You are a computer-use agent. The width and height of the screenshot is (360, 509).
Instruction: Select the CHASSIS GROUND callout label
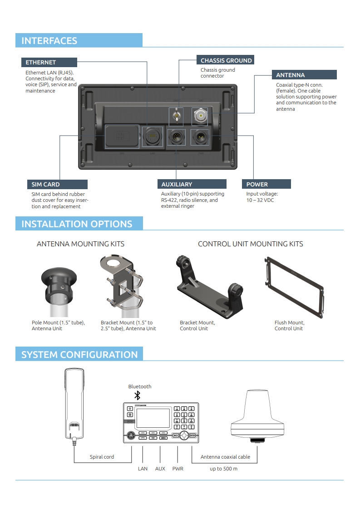point(226,60)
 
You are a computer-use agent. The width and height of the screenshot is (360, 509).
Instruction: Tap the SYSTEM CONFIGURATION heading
point(79,354)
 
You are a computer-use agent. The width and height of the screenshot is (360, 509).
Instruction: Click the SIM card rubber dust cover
point(122,136)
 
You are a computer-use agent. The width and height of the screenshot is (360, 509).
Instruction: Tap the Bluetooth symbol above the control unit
point(138,395)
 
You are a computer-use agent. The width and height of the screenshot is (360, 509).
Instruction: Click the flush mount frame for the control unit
point(295,287)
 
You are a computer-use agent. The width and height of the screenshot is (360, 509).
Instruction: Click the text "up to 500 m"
point(223,469)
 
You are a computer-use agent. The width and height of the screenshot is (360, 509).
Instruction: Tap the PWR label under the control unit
point(178,469)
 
